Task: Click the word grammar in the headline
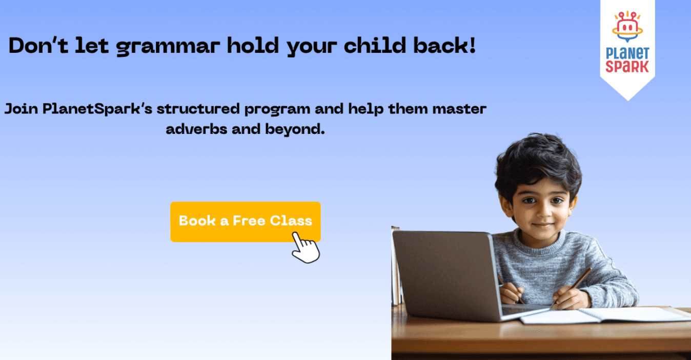168,47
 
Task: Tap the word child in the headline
375,45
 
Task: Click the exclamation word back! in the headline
444,45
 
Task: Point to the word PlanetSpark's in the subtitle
97,109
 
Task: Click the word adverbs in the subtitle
196,129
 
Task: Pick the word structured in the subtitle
198,109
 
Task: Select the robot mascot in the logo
627,27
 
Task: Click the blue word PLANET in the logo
627,53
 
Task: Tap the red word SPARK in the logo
627,67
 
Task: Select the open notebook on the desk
605,315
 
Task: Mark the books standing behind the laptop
397,267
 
